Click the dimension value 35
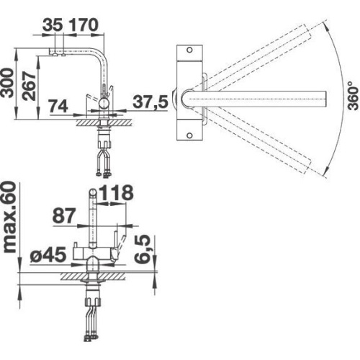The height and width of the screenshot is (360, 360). coord(53,25)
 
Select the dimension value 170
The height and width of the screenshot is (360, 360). coord(84,25)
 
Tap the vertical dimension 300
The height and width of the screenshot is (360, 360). coord(7,83)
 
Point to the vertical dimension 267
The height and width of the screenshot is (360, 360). coord(29,86)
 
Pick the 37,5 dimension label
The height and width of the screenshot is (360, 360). coord(150,102)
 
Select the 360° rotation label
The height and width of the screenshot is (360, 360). coord(354,96)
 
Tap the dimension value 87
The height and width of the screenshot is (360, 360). coord(64,215)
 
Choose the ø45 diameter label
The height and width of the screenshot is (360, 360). coord(48,254)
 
